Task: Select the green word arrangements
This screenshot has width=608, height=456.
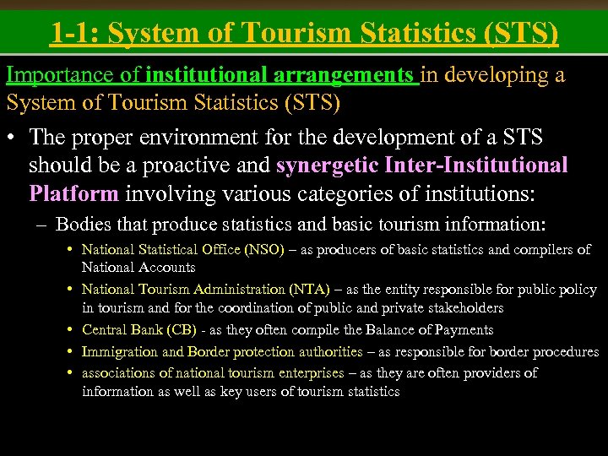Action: [x=345, y=75]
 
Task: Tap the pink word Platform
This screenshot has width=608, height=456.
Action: [x=73, y=193]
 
